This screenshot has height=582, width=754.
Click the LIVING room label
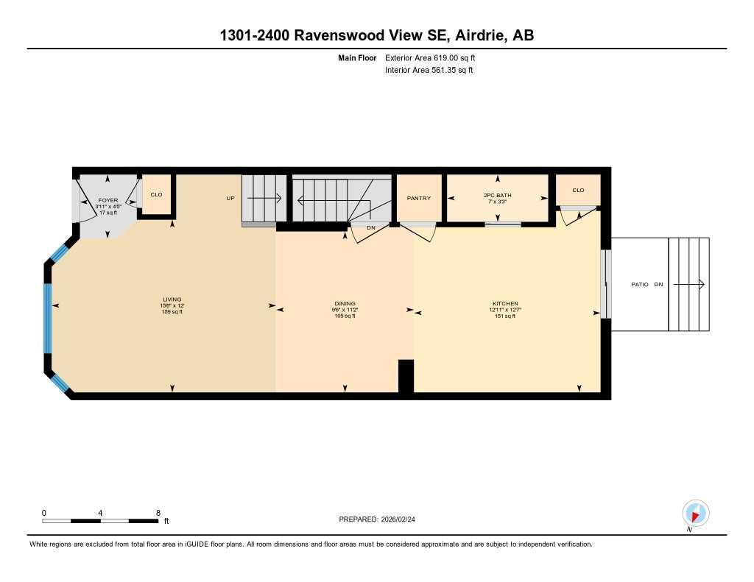[x=172, y=299]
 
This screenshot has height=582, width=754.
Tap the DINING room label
[x=345, y=303]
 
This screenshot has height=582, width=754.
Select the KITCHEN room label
[x=505, y=303]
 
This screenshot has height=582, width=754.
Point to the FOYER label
[x=108, y=200]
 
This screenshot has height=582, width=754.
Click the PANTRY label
[x=419, y=198]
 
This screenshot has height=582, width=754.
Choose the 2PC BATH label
[x=498, y=195]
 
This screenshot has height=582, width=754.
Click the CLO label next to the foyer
[x=156, y=194]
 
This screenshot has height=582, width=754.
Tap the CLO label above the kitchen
[x=578, y=190]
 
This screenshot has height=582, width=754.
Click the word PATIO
[x=639, y=284]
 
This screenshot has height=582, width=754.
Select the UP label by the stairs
[x=230, y=198]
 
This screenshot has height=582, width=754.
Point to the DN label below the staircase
[x=371, y=227]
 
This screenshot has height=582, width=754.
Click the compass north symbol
[x=695, y=513]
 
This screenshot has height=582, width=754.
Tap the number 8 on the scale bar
[x=158, y=512]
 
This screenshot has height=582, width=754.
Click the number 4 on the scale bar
[x=100, y=512]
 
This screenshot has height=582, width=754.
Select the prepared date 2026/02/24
[x=403, y=519]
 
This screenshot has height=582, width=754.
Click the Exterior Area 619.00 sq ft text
[x=435, y=57]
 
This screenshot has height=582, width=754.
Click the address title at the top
[x=377, y=36]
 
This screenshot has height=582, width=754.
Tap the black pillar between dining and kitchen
[x=406, y=376]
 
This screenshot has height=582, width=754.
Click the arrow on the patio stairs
[x=690, y=284]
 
